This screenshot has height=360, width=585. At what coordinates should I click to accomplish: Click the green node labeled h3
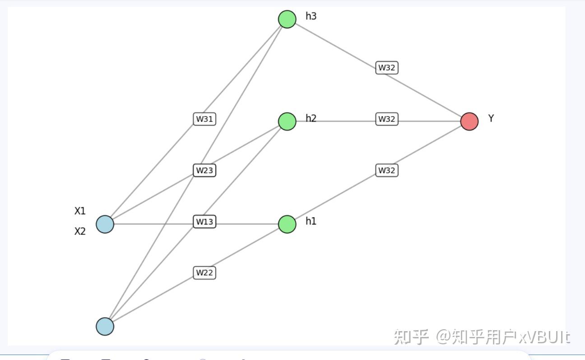287,19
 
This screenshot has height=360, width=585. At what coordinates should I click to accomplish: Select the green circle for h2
287,121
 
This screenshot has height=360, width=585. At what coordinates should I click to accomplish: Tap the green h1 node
287,224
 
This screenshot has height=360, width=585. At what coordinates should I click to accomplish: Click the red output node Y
469,122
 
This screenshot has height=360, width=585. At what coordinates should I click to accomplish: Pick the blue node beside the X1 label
105,224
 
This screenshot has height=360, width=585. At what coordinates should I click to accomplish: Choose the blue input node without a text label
105,326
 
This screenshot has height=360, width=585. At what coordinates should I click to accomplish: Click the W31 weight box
204,119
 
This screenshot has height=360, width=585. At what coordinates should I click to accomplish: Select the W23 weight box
204,170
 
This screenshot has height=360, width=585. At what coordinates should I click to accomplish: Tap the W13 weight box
204,222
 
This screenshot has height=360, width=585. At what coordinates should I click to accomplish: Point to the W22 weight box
204,273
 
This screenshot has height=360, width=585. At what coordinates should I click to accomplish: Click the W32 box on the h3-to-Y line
387,68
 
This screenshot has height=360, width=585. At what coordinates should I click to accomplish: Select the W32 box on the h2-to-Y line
387,119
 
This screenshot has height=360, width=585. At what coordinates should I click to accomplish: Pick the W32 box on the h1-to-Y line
387,170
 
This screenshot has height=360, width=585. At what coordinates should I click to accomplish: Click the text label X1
80,211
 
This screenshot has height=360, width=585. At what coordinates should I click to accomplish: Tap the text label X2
80,231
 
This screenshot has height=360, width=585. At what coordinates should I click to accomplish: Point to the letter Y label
491,118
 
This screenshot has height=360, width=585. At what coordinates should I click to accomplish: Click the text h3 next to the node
311,16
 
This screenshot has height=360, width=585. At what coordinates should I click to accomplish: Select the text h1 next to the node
311,221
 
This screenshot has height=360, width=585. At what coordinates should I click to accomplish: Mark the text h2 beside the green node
311,118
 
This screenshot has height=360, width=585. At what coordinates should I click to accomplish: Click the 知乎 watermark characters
411,337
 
